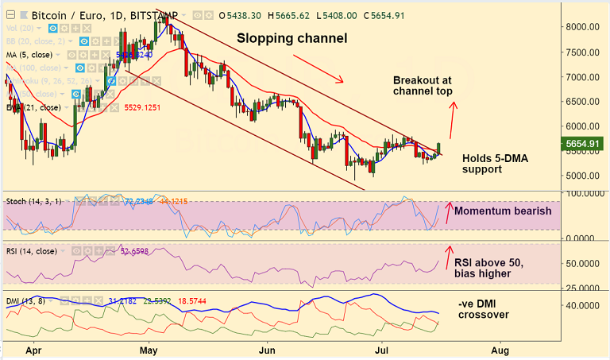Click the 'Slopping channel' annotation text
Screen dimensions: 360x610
(292, 38)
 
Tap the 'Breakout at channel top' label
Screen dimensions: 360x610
(423, 86)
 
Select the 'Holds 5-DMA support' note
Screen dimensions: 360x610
(495, 164)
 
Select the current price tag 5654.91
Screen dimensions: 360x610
(582, 143)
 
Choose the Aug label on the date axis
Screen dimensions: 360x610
(500, 350)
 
